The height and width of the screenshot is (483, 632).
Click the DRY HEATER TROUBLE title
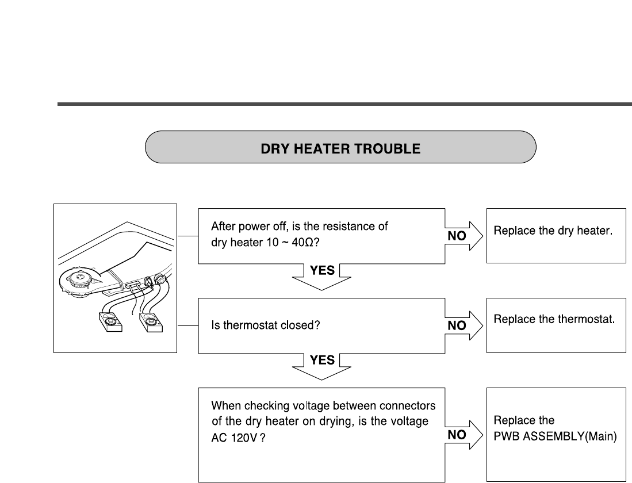coord(340,148)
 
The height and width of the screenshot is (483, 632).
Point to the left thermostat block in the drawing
coord(110,323)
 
